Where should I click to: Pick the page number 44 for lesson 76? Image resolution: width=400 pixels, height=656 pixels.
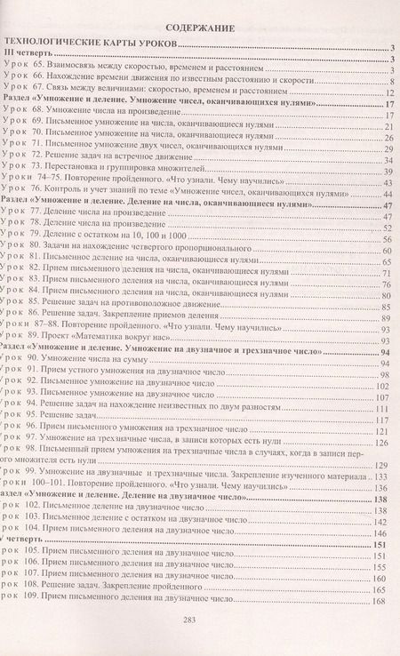tap(388, 192)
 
